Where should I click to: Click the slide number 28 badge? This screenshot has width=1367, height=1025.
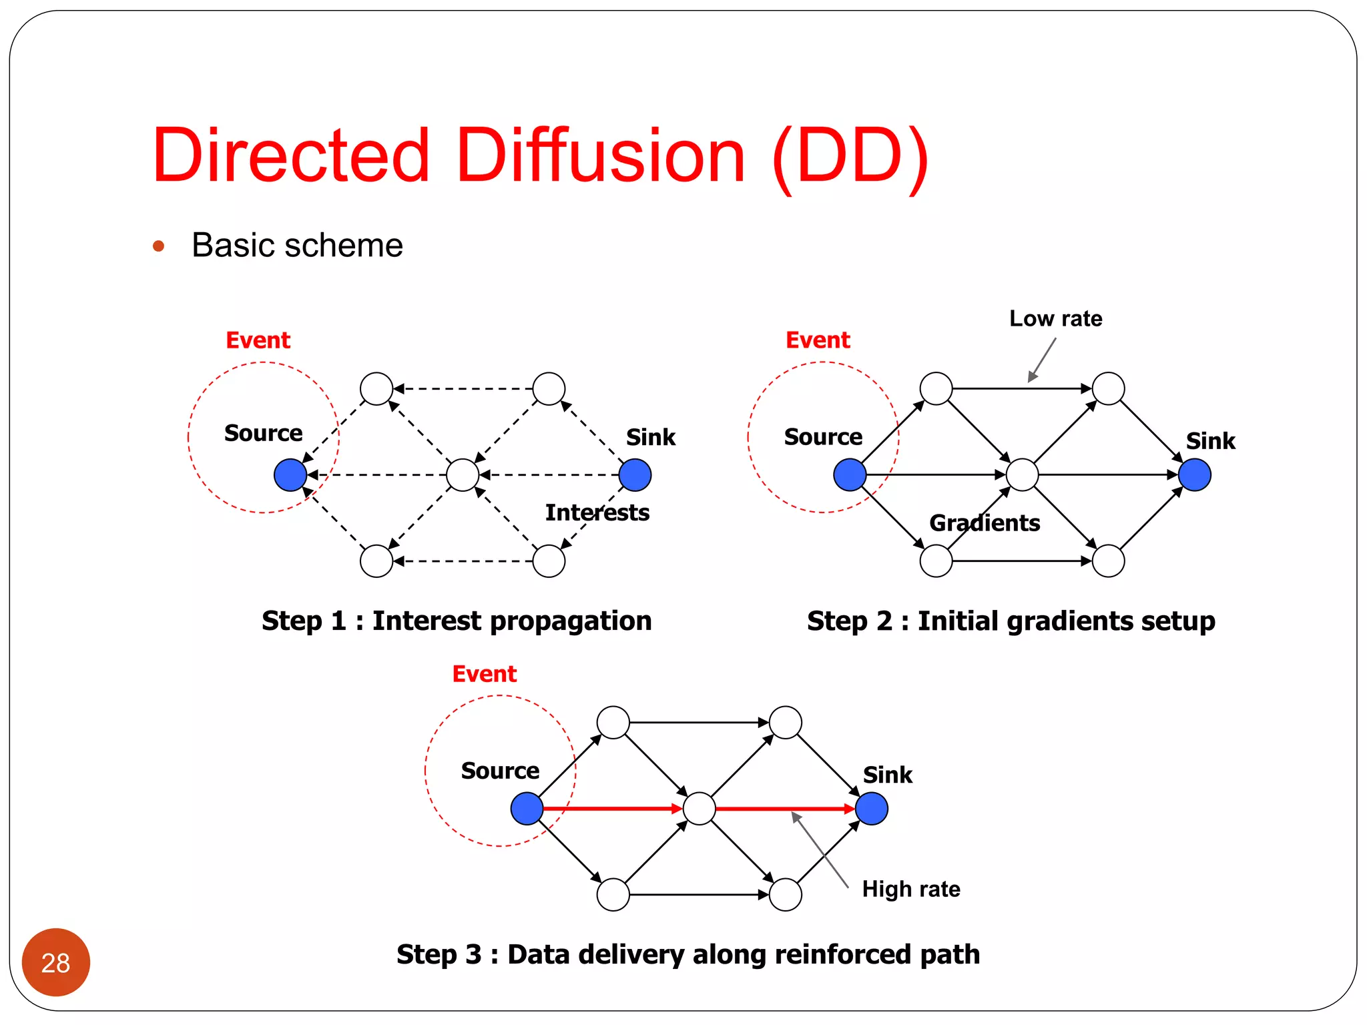[55, 962]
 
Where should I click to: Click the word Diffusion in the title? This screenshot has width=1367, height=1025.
[600, 156]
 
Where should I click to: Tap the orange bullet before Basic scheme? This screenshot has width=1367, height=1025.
[158, 246]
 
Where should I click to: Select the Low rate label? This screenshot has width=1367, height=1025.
[1055, 318]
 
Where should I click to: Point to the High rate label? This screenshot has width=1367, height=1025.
[910, 889]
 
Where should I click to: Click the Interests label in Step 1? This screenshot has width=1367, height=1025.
[597, 512]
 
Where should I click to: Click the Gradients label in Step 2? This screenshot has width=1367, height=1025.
[985, 523]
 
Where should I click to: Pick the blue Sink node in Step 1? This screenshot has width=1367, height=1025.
[635, 475]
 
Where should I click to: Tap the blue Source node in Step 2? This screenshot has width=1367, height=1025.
[850, 475]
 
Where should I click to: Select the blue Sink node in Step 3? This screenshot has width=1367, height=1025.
[871, 809]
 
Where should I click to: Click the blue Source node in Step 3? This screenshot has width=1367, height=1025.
[527, 809]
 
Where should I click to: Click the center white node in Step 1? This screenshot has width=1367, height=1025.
[463, 475]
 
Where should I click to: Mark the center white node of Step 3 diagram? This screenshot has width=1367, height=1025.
[700, 809]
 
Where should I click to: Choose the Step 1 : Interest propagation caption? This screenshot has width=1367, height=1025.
[457, 621]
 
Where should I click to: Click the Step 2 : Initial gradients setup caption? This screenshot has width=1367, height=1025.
[1011, 621]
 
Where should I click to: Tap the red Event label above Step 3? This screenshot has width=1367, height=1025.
[484, 674]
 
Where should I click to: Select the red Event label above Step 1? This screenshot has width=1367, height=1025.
[258, 340]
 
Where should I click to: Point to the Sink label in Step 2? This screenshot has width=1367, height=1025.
[1210, 441]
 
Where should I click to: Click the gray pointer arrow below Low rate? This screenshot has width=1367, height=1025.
[1042, 360]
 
